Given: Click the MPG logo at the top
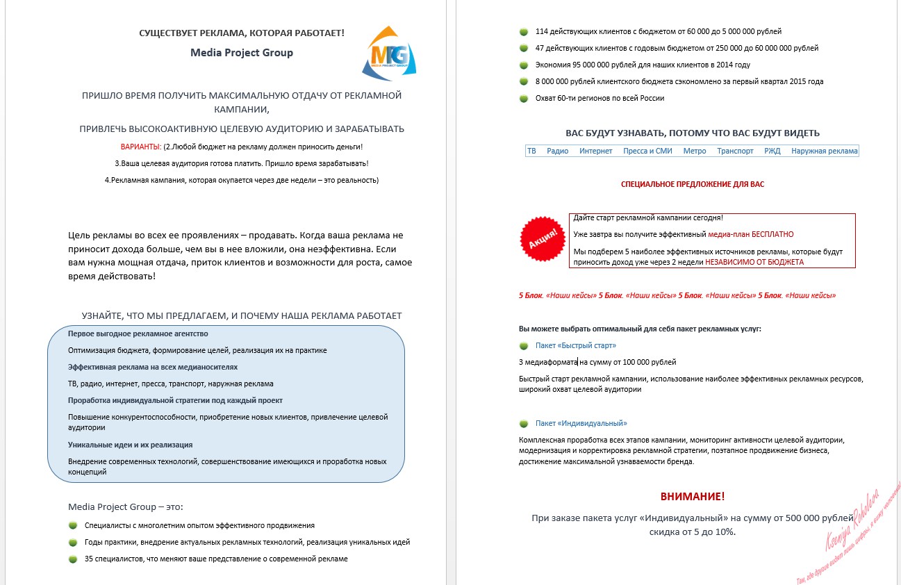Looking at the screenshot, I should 390,53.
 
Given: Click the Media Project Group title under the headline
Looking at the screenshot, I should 242,53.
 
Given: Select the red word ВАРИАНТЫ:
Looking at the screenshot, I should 141,147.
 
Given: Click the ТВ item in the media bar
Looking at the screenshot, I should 531,151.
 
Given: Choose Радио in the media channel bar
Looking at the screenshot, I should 557,151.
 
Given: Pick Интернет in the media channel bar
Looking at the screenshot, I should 596,151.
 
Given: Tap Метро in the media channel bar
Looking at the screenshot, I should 695,151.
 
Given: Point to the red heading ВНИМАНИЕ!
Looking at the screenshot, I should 692,497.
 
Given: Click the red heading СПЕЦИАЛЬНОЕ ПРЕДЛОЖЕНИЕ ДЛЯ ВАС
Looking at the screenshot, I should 692,185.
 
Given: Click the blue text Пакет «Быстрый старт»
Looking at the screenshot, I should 576,345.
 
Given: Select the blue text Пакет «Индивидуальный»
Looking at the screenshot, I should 581,423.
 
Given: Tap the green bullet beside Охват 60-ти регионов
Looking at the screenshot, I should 523,99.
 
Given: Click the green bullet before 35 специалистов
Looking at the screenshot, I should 73,559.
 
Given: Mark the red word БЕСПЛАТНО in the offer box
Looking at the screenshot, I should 771,235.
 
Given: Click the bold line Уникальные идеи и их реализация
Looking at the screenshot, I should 130,445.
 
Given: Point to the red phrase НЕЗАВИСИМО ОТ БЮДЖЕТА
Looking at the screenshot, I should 754,263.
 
